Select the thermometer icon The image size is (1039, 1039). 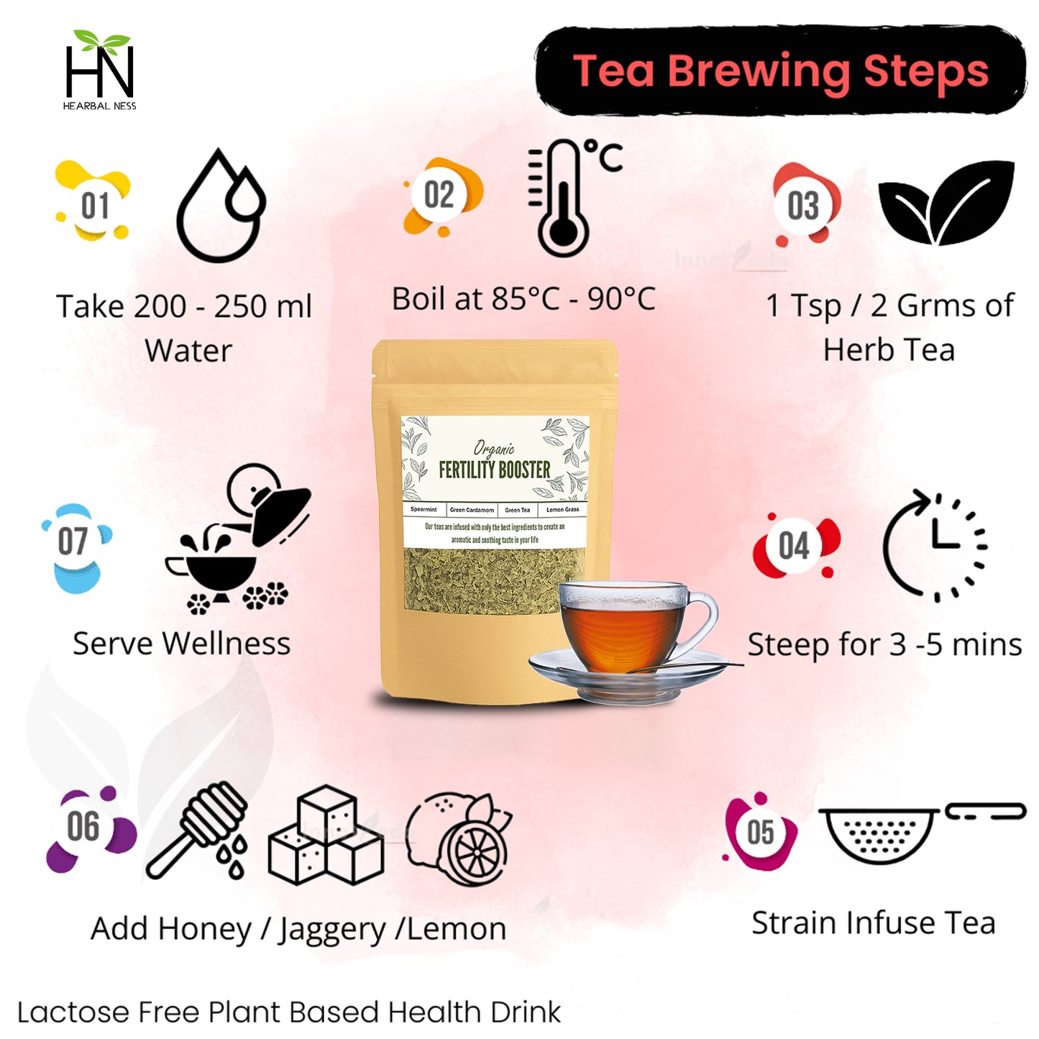click(x=564, y=198)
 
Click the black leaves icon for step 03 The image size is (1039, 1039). click(x=946, y=202)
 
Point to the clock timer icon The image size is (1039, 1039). click(x=935, y=546)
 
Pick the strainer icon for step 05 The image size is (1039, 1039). click(x=879, y=834)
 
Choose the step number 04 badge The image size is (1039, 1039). click(x=794, y=546)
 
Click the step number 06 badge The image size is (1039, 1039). click(x=84, y=827)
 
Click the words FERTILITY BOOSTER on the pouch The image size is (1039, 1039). click(x=494, y=470)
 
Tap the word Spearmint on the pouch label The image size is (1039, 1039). click(x=424, y=510)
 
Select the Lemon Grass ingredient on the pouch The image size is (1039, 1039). click(x=562, y=510)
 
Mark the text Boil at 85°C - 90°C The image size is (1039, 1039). click(x=523, y=299)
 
